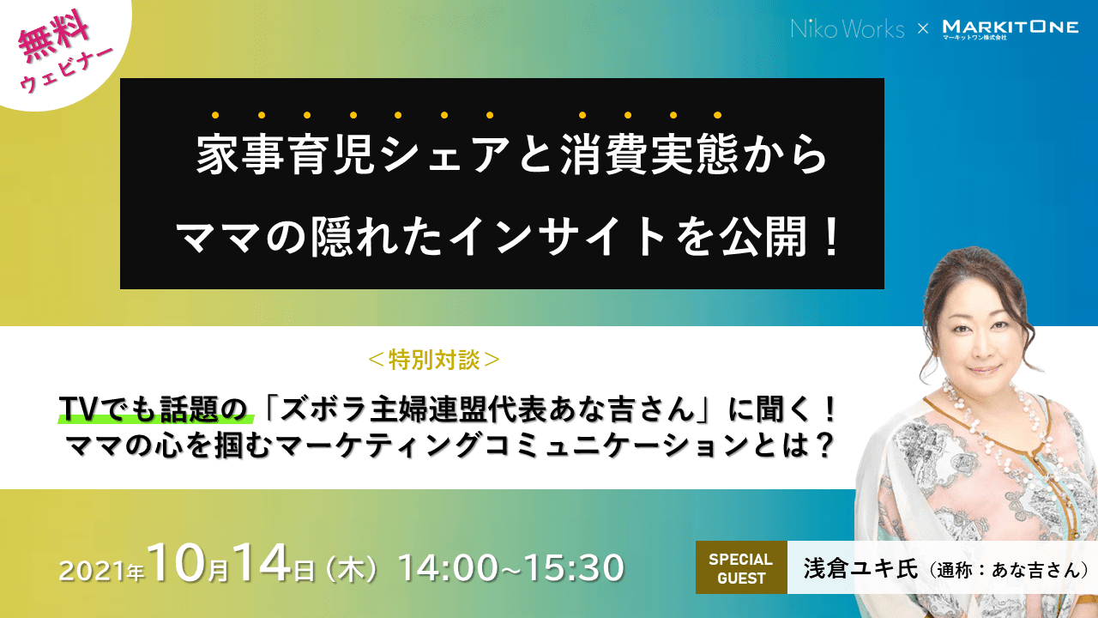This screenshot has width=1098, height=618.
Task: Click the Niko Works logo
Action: click(848, 28)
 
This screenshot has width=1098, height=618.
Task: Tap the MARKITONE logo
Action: click(1011, 29)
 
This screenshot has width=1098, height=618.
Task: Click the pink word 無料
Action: click(54, 37)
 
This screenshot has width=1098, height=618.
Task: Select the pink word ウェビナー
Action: click(67, 70)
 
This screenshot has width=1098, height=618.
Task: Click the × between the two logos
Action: click(922, 29)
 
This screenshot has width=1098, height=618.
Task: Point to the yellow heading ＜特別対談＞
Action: click(434, 360)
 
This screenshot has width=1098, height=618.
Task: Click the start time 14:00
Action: click(449, 568)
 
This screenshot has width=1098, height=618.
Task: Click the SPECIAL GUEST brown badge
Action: click(741, 567)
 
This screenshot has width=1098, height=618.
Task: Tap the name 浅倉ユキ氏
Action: click(860, 568)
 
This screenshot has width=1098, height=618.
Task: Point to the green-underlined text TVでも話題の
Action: click(154, 409)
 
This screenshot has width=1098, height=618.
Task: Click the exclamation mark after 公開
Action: click(830, 239)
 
